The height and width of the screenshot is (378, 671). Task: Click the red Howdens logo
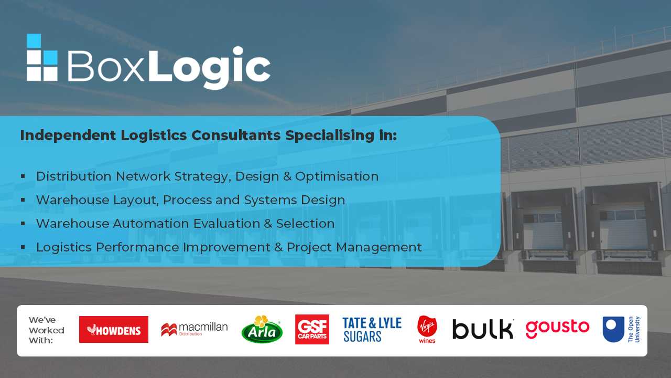coord(114,329)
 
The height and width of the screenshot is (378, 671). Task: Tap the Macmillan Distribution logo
coord(194,329)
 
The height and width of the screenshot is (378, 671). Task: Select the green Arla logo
coord(262,329)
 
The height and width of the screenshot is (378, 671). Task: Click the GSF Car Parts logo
coord(312,329)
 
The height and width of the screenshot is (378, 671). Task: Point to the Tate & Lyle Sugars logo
coord(372,330)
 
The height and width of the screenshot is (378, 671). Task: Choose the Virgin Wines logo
coord(427,329)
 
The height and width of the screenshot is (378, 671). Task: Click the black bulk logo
coord(483,329)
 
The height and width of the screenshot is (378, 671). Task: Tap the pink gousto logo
coord(557,329)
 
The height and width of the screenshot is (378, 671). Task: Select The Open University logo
coord(622,329)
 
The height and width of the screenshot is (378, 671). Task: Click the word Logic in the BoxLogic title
coord(209,67)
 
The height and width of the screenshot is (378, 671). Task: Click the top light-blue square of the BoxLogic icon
coord(34,40)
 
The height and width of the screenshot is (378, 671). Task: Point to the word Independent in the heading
coord(68,135)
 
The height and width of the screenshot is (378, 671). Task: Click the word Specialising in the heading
coord(330,135)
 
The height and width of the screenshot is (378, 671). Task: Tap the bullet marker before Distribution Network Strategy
coord(23,176)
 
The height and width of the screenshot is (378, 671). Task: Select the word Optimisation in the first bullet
coord(337,177)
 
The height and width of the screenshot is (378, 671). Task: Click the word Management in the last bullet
coord(379,247)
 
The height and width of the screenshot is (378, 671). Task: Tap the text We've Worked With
coord(47,330)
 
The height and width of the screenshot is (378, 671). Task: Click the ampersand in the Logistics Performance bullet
coord(278,247)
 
